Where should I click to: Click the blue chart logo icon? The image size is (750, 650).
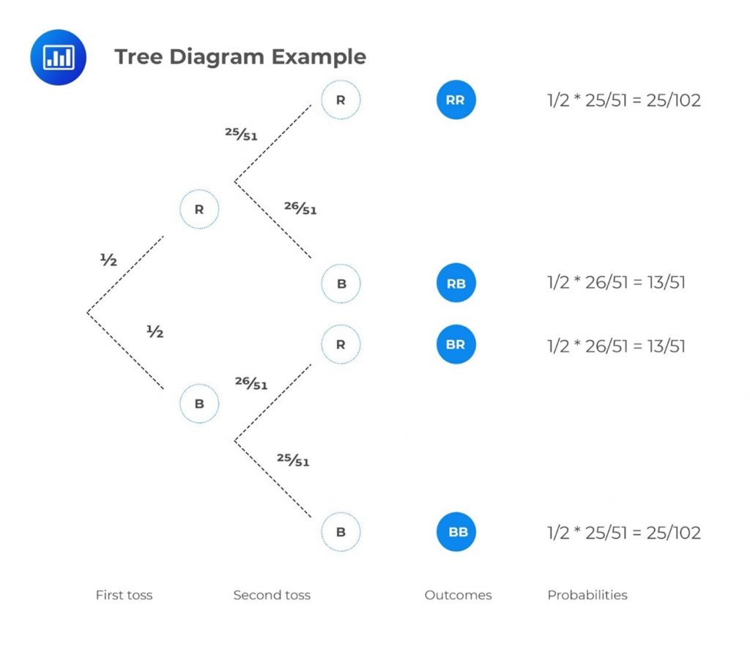coord(58,57)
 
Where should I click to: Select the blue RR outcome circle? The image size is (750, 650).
coord(456,100)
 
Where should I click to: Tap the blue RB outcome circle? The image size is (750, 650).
coord(456,283)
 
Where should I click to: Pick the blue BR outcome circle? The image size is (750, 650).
coord(456,344)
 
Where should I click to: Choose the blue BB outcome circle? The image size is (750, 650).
coord(456,532)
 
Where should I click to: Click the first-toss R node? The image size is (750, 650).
coord(199,210)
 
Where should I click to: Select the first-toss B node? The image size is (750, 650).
coord(199,404)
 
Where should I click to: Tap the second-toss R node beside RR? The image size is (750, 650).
coord(341,100)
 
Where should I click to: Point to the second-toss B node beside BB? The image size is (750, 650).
coord(341,532)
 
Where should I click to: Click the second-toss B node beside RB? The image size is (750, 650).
coord(341,283)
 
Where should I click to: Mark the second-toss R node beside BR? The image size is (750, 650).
coord(341,344)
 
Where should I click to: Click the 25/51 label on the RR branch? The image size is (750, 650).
coord(241,134)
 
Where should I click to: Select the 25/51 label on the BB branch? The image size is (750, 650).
coord(292,460)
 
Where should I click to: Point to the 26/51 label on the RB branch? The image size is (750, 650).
coord(300,209)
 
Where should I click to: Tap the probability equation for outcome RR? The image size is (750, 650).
coord(623,100)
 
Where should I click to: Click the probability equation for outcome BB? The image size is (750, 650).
coord(623,533)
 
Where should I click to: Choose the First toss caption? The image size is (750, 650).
coord(124,595)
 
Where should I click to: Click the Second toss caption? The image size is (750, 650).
coord(272,595)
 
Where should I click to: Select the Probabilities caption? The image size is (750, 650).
coord(587,595)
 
